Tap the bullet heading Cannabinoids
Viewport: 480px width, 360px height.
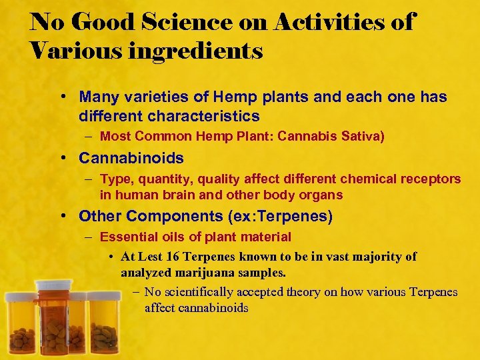(131, 158)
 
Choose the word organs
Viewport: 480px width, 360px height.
(322, 195)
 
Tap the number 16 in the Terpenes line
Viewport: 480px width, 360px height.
(175, 257)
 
